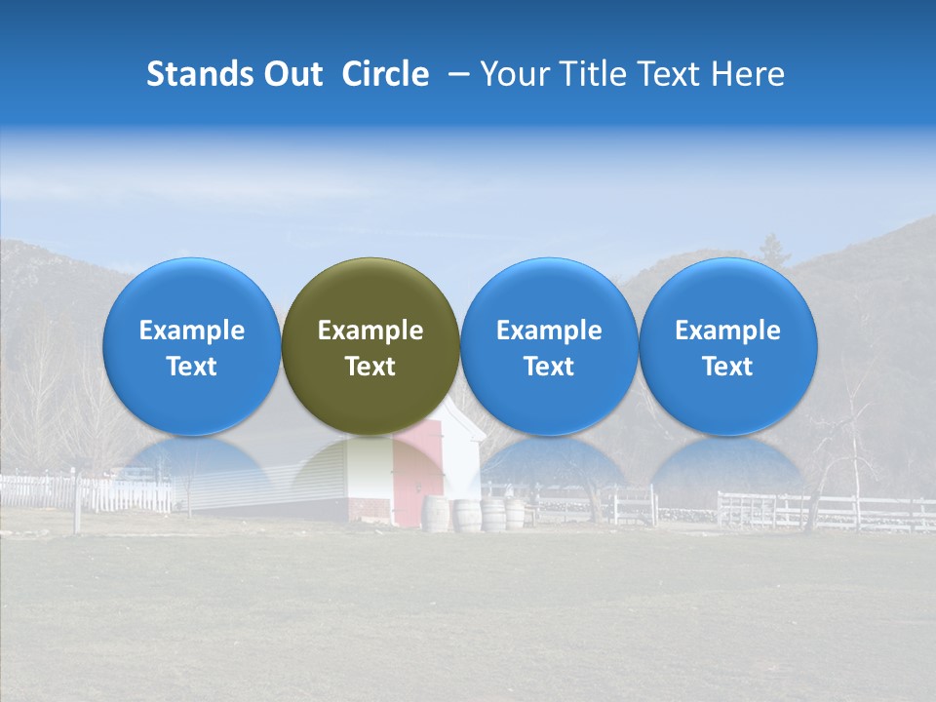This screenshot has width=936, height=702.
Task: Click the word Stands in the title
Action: [x=200, y=74]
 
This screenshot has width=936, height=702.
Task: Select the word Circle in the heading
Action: [x=385, y=74]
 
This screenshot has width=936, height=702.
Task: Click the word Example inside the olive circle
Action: [x=370, y=331]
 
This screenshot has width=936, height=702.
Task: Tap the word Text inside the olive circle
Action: [x=370, y=367]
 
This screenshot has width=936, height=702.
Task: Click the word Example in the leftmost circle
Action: [x=191, y=331]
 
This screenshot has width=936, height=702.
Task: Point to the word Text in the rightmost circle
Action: [x=727, y=367]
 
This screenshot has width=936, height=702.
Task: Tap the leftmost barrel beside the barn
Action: [x=435, y=514]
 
